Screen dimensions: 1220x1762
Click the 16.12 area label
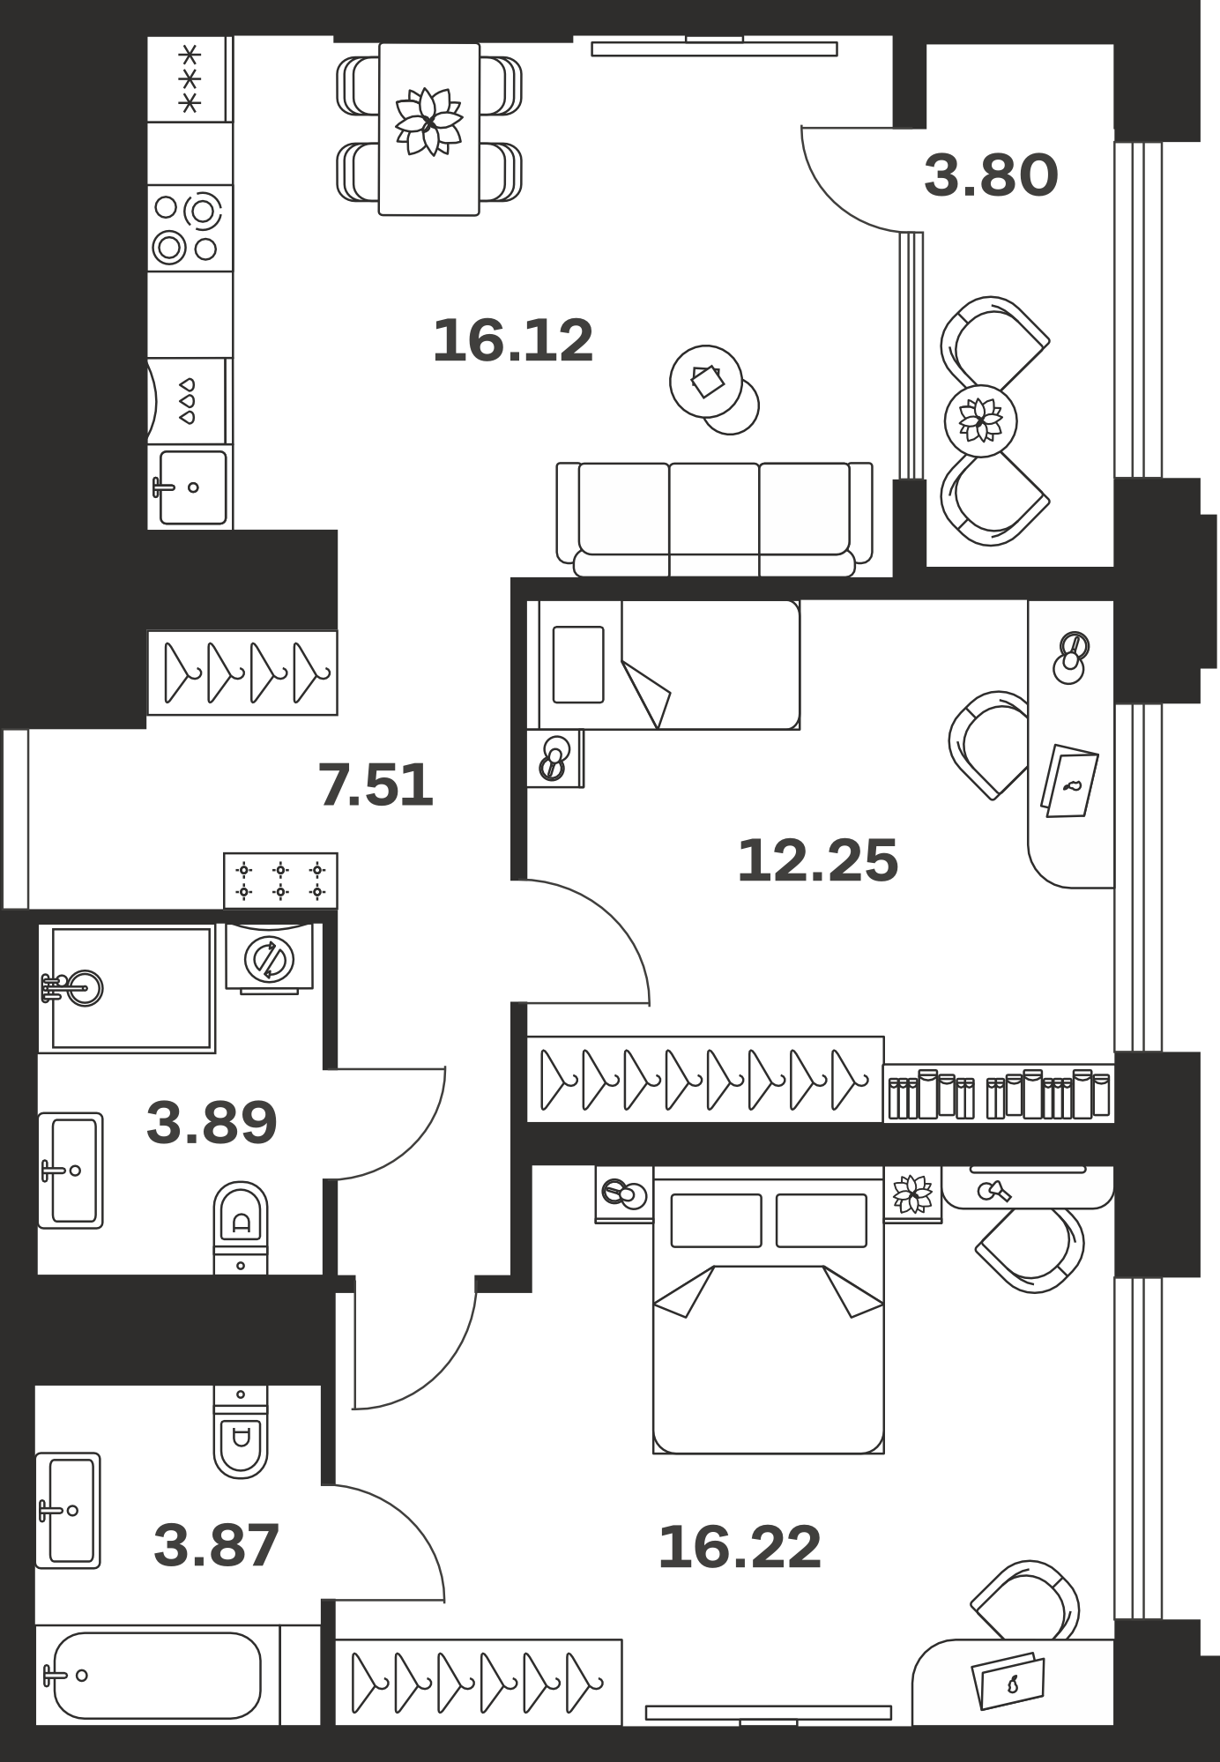513,341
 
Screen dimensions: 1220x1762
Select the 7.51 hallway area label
376,785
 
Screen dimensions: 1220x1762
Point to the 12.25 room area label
817,860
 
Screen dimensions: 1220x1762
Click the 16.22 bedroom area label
740,1547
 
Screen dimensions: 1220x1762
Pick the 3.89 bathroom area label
212,1123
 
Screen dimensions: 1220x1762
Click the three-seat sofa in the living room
714,519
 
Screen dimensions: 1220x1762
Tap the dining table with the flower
429,129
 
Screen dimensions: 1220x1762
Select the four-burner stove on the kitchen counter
190,228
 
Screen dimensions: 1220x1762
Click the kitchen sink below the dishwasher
190,487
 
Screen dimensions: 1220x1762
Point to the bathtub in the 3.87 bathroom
157,1676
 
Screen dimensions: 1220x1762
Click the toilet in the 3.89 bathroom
241,1227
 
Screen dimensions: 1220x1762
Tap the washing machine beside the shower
271,957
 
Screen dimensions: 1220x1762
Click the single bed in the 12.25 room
663,665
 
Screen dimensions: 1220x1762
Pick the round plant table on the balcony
980,421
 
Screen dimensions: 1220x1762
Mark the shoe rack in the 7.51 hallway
280,881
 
